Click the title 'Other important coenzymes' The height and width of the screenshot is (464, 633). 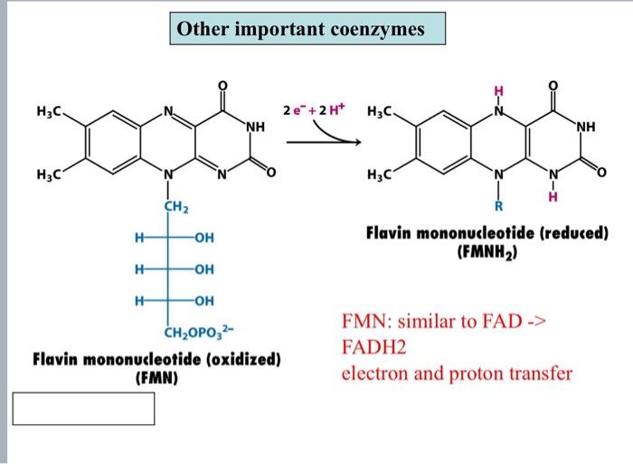(x=300, y=31)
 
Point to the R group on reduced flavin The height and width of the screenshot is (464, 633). (x=496, y=213)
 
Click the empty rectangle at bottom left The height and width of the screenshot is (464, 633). (x=83, y=408)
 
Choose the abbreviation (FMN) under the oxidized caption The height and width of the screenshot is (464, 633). (x=156, y=375)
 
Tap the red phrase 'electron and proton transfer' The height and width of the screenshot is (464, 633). (x=457, y=373)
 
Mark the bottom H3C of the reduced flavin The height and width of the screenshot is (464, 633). (x=383, y=175)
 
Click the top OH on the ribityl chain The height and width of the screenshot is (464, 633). (x=203, y=238)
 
